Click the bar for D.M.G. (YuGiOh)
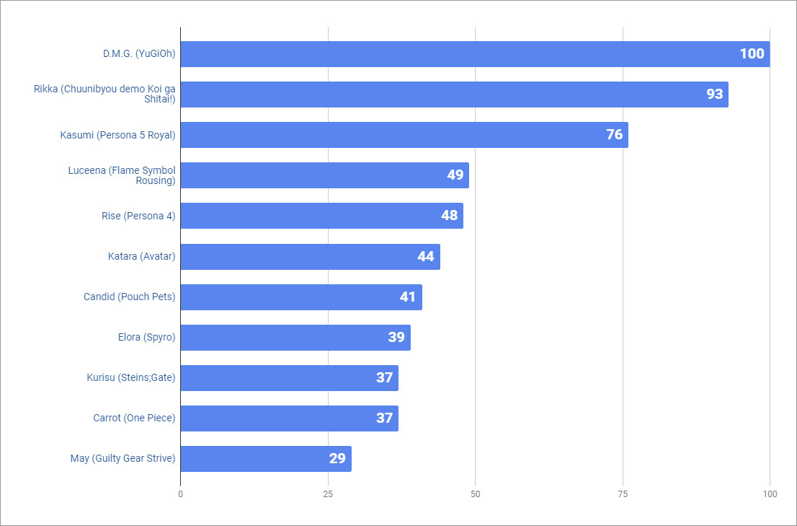click(475, 54)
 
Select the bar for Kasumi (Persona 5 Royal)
click(404, 135)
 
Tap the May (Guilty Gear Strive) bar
click(266, 459)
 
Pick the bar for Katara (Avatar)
click(310, 257)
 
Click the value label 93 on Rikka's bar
click(714, 95)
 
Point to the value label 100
click(752, 54)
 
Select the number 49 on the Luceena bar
click(455, 175)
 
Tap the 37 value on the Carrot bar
click(384, 418)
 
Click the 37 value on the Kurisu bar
click(384, 378)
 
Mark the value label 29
click(337, 459)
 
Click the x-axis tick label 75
click(623, 494)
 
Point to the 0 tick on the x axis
click(180, 494)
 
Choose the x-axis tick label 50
click(475, 494)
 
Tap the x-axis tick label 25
click(328, 494)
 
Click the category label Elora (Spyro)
click(146, 337)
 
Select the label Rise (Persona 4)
click(138, 216)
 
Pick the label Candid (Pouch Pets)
click(129, 297)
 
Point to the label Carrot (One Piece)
click(134, 418)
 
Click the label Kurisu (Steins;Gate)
click(130, 377)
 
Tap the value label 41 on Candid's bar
click(408, 297)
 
